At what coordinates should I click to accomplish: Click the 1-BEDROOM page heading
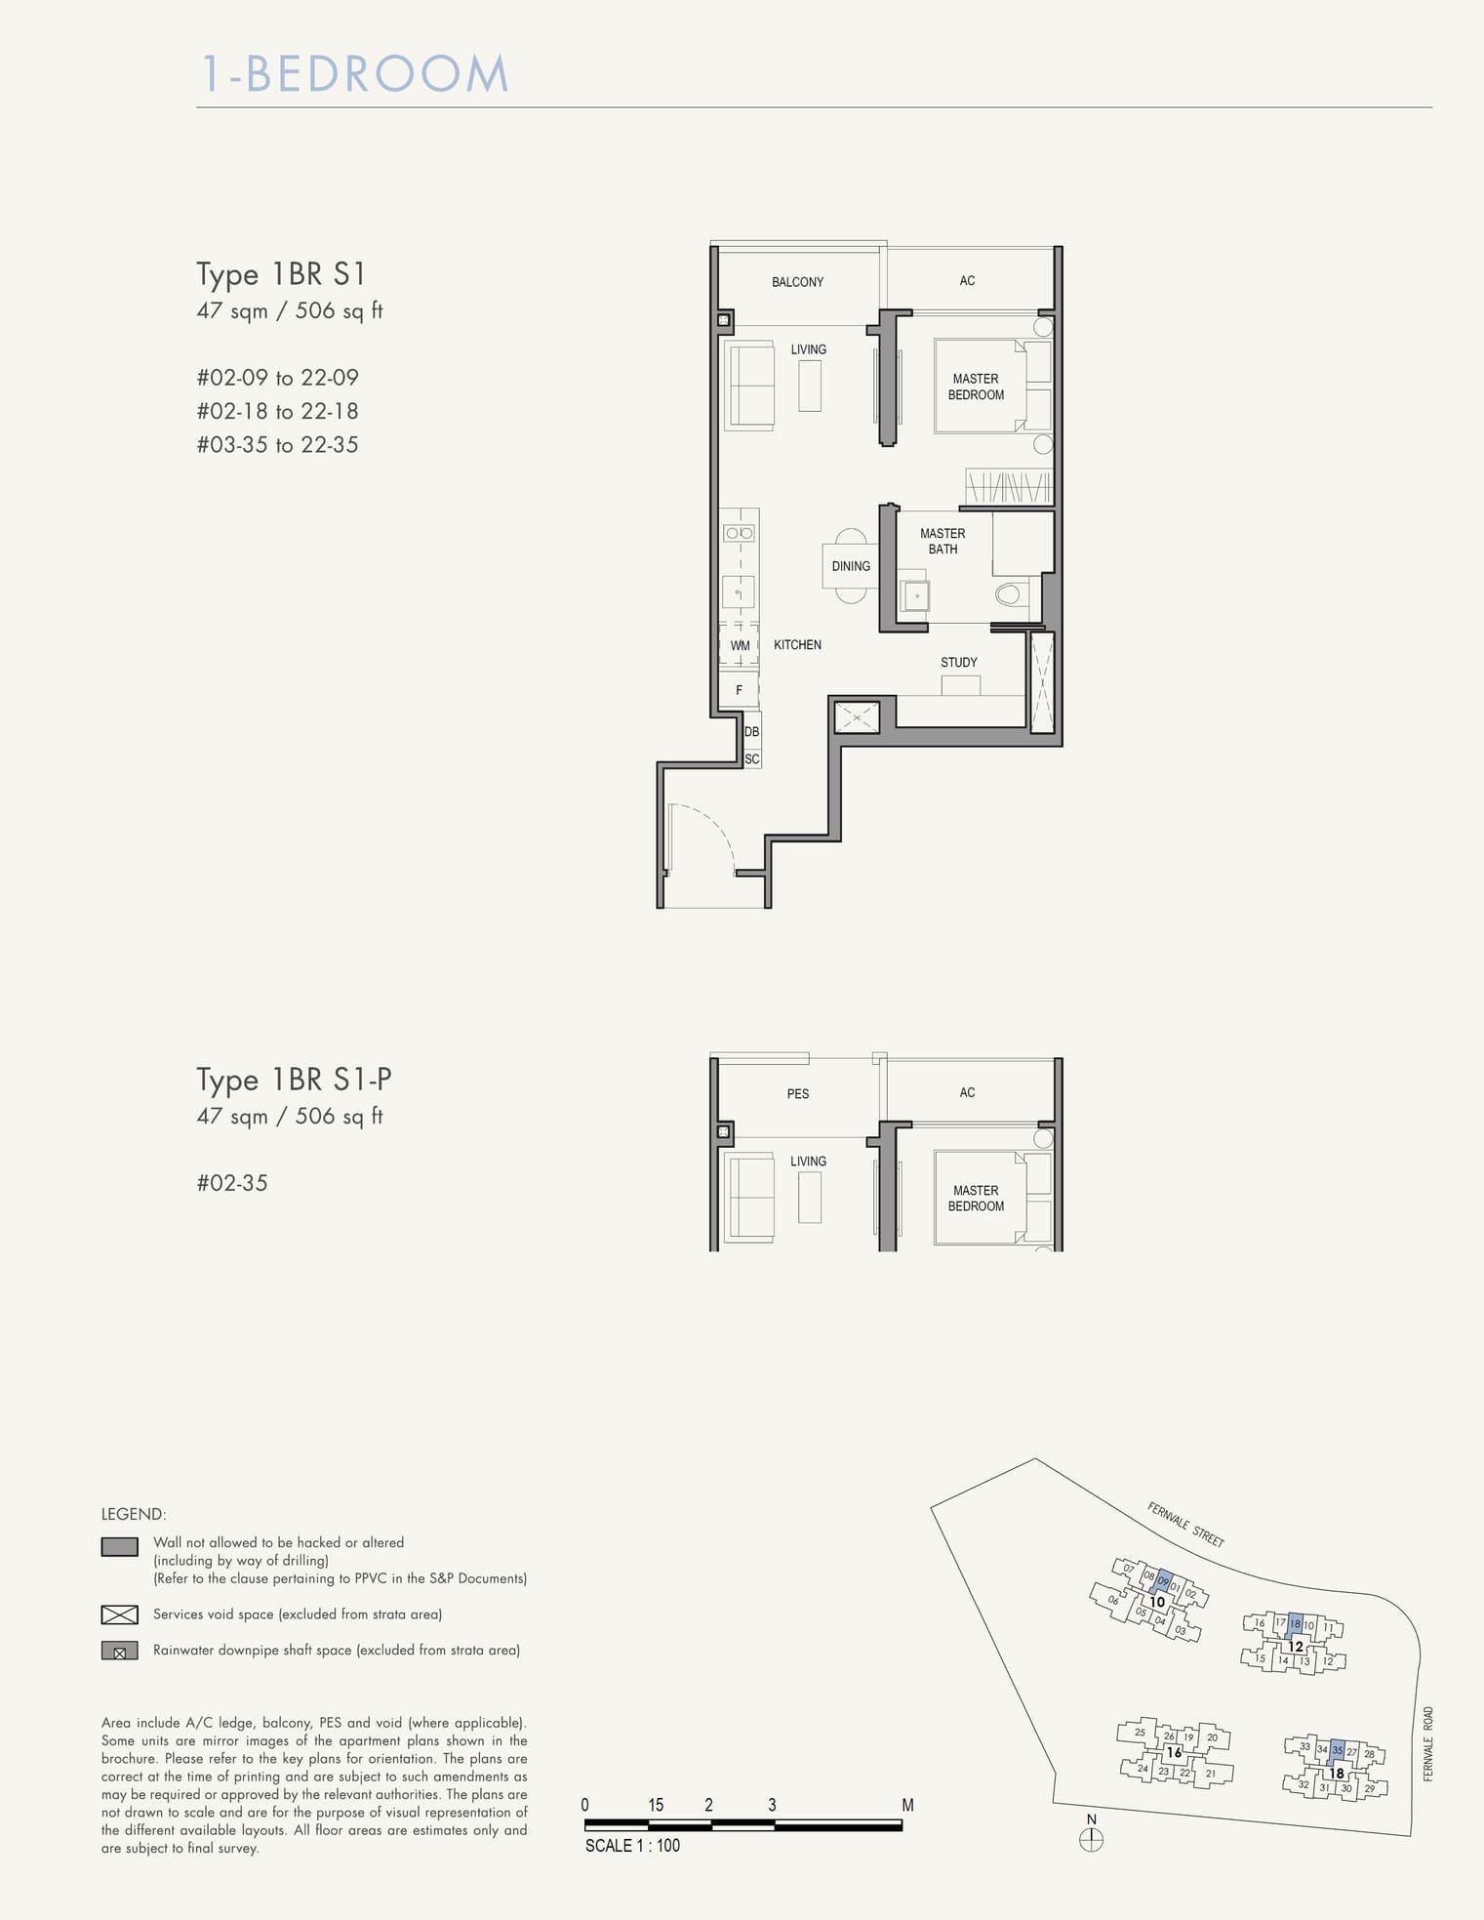(355, 75)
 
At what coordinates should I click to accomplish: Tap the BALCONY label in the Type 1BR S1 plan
(797, 282)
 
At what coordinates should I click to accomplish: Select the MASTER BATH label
(943, 542)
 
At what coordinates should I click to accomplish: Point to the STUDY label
(958, 663)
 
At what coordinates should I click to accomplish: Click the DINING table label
(851, 566)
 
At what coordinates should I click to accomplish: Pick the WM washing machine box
(740, 646)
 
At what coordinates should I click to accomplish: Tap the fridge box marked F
(739, 690)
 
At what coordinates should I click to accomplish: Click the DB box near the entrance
(751, 732)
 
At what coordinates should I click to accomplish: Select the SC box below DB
(751, 758)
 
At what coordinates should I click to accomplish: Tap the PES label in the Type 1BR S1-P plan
(797, 1094)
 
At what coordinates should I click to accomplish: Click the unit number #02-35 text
(232, 1183)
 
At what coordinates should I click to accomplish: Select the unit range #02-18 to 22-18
(277, 411)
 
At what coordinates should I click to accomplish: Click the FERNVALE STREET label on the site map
(1185, 1525)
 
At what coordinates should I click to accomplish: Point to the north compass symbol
(1092, 1840)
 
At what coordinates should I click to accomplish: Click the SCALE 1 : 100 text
(632, 1846)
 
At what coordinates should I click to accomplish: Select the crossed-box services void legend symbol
(119, 1614)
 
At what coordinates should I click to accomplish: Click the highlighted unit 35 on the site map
(1338, 1750)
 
